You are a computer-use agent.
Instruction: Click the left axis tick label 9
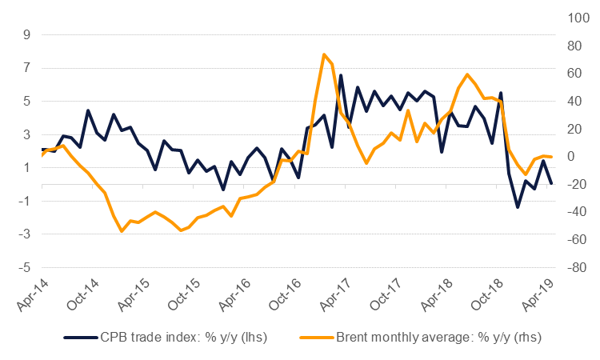[26, 35]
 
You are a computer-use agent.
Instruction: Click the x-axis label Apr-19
[536, 297]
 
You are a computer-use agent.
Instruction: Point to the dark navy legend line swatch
[80, 338]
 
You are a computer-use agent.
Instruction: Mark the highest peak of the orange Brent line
[324, 55]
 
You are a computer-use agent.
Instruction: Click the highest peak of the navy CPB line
[341, 75]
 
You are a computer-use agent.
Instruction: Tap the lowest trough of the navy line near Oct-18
[518, 207]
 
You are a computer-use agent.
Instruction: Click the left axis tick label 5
[26, 102]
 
